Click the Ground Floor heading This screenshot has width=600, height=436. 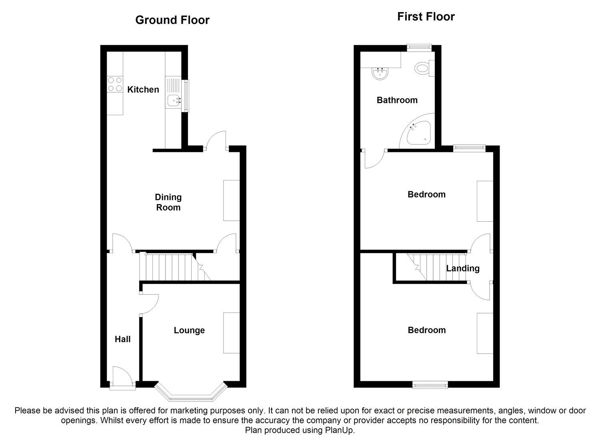click(x=172, y=20)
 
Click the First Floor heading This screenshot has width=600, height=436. click(x=426, y=17)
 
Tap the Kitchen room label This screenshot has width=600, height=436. click(x=143, y=90)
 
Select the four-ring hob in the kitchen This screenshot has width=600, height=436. click(x=115, y=84)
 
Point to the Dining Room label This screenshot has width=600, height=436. click(x=168, y=202)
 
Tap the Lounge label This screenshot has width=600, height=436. click(x=189, y=330)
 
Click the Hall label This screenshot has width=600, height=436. click(x=123, y=339)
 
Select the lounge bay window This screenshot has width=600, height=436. click(x=191, y=393)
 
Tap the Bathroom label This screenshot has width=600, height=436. click(x=397, y=100)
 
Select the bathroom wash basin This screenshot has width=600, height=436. click(x=380, y=74)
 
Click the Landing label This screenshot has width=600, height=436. click(x=463, y=268)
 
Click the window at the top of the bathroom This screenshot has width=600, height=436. click(x=419, y=48)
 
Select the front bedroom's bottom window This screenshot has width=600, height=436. click(x=430, y=385)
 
